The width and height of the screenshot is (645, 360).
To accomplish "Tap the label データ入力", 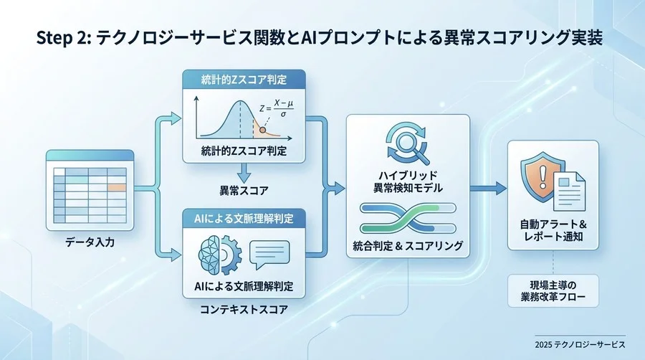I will (87, 243).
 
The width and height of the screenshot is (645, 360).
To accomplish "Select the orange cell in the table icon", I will (115, 186).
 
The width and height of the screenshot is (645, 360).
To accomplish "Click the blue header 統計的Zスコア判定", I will (244, 78).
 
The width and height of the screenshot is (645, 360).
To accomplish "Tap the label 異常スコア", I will (244, 191).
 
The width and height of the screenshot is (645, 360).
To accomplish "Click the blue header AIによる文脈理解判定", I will (244, 216).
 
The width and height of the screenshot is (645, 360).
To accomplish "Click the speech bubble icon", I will (269, 253).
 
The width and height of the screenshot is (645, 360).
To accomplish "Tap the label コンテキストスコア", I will (244, 311).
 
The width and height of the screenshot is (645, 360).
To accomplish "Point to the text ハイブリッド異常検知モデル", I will (408, 181).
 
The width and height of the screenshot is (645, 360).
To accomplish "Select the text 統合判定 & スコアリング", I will (408, 246).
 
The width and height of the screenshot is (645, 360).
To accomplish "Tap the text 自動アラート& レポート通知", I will (553, 229).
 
